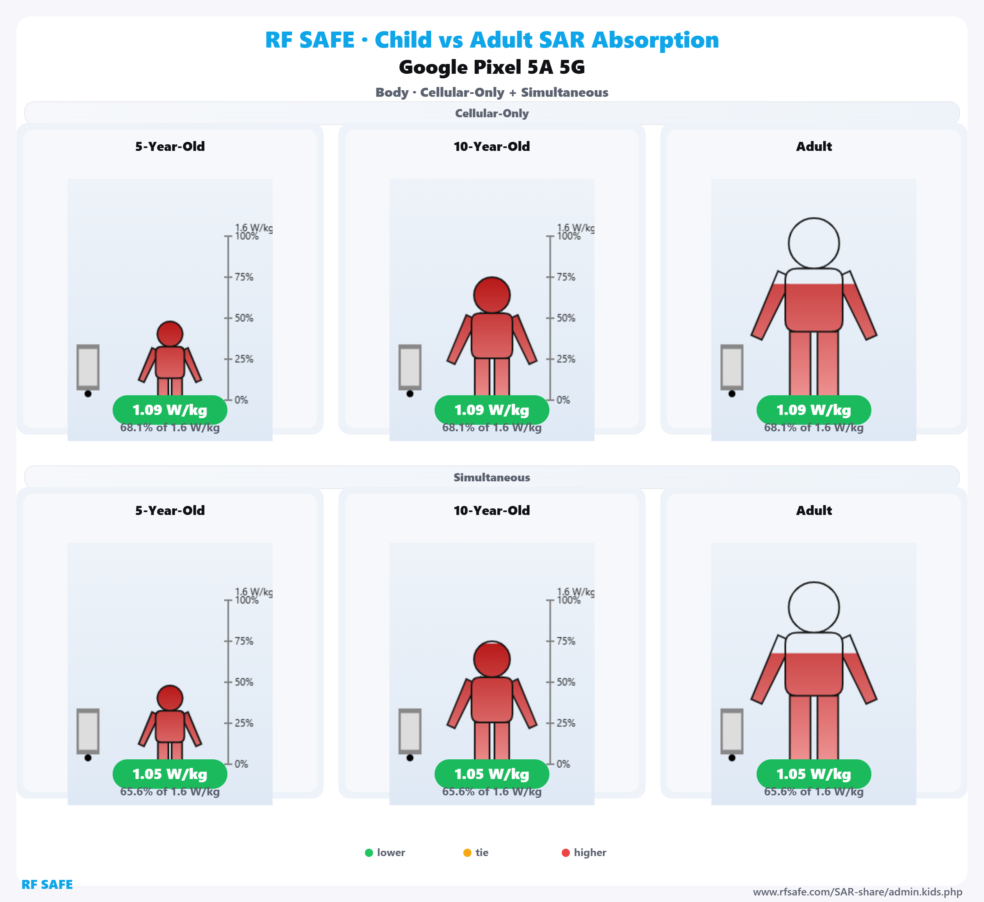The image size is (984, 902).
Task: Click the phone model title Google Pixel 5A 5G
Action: [x=492, y=67]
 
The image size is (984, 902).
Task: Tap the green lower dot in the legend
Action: [x=369, y=853]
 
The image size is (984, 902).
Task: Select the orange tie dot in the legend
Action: [x=467, y=853]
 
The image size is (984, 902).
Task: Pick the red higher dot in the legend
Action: [x=566, y=853]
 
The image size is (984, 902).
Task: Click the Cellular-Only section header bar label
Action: [x=492, y=113]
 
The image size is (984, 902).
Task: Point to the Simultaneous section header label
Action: [x=492, y=477]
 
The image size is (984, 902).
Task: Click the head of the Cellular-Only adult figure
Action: [x=814, y=243]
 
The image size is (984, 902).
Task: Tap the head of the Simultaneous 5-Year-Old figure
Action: [x=170, y=697]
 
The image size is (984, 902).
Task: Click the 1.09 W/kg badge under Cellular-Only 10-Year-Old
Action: [x=492, y=410]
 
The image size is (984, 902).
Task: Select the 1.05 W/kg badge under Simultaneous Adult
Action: [x=814, y=774]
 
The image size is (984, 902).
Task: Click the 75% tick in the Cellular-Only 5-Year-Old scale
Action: [x=243, y=277]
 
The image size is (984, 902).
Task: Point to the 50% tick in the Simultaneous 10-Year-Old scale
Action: [x=565, y=682]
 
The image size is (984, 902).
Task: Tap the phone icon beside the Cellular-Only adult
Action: [x=732, y=367]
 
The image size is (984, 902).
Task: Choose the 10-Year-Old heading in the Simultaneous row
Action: [x=492, y=510]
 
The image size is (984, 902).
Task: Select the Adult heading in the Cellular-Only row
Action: [x=814, y=146]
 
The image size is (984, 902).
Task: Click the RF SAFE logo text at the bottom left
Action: [x=47, y=884]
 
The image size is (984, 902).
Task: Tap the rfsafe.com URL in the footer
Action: [x=858, y=892]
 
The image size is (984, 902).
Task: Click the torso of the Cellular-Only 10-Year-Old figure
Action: [x=492, y=336]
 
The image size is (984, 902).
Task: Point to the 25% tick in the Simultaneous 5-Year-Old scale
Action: [x=243, y=723]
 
